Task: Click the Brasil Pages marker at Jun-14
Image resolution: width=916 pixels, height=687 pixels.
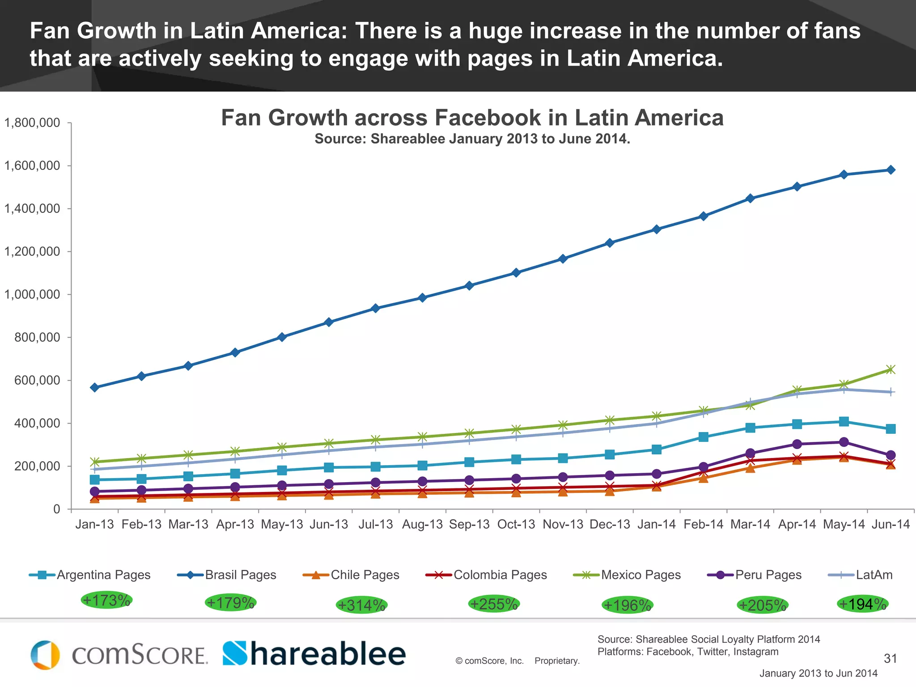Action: [x=891, y=170]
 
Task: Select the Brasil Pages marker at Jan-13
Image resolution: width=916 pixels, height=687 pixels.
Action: [x=95, y=387]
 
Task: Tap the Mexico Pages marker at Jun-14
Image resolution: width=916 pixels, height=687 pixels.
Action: [x=891, y=369]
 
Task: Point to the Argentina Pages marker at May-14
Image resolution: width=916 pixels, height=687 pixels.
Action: [x=844, y=421]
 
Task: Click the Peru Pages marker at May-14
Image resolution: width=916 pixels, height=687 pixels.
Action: [x=844, y=442]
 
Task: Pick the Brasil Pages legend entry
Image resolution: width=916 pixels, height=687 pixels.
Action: [x=227, y=575]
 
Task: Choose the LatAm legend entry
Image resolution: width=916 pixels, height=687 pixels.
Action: [x=861, y=575]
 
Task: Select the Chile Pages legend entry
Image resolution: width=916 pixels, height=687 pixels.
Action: [x=352, y=575]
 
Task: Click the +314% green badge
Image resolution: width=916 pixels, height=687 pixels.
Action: [x=361, y=605]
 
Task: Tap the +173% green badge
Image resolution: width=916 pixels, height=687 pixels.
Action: [x=106, y=600]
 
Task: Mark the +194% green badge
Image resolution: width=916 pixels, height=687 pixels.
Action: [x=862, y=604]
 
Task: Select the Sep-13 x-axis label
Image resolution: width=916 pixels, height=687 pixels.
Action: [x=469, y=524]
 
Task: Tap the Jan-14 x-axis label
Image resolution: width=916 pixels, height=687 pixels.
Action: [x=657, y=524]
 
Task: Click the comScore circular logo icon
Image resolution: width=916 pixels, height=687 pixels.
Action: [x=45, y=655]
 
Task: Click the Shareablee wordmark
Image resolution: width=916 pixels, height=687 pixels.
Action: [x=314, y=654]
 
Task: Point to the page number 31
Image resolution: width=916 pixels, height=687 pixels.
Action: [x=890, y=658]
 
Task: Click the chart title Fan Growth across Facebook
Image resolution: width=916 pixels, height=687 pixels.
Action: [x=472, y=118]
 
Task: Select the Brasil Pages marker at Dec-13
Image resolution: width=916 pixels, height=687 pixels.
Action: [x=610, y=243]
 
